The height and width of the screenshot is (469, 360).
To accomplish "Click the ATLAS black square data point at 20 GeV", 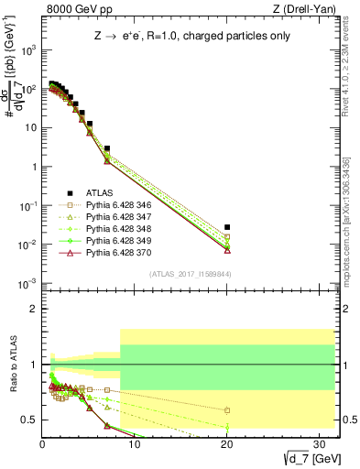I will click(x=227, y=226).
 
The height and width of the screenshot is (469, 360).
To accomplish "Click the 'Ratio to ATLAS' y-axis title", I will click(x=12, y=366).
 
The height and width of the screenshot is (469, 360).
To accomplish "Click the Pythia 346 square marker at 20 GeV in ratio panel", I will click(x=227, y=409).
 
